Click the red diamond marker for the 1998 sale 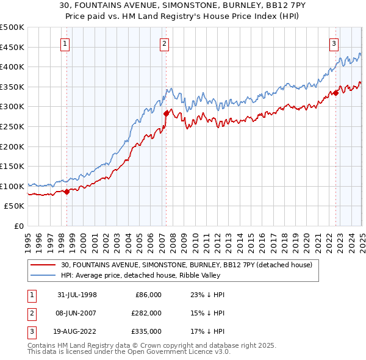(66, 192)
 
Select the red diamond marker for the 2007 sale (166, 113)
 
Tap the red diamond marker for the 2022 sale (335, 93)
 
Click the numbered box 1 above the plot (65, 43)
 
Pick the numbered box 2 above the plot (165, 43)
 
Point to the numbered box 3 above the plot (334, 43)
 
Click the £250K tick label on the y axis (13, 127)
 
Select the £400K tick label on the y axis (13, 67)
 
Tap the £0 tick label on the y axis (18, 226)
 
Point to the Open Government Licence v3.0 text (177, 352)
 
